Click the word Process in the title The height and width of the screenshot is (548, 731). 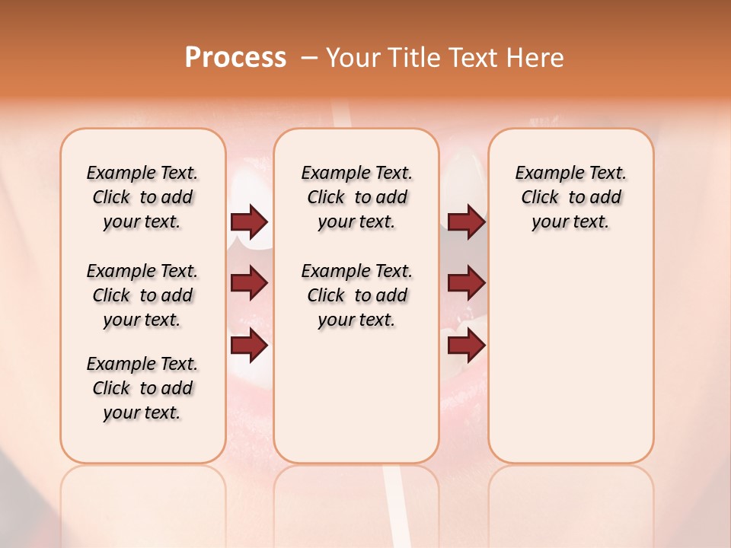click(x=235, y=58)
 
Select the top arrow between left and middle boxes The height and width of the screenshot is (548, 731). click(x=249, y=222)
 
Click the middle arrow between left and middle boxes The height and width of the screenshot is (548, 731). click(x=249, y=284)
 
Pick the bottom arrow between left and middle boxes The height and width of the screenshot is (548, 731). click(x=249, y=346)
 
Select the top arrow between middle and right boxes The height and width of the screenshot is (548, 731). click(x=466, y=222)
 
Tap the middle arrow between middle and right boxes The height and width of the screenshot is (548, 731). click(x=466, y=284)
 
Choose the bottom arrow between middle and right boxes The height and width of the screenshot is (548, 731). click(x=466, y=346)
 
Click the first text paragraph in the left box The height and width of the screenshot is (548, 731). click(x=142, y=197)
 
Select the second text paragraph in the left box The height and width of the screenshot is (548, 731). click(x=142, y=295)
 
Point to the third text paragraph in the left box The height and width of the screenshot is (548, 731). click(x=142, y=388)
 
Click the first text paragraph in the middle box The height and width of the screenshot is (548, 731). click(x=356, y=197)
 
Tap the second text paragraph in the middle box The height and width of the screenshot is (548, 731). click(x=356, y=295)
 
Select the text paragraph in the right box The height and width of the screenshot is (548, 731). click(x=570, y=197)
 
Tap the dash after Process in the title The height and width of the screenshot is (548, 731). click(x=309, y=58)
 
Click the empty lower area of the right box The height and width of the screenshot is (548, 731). click(x=570, y=358)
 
